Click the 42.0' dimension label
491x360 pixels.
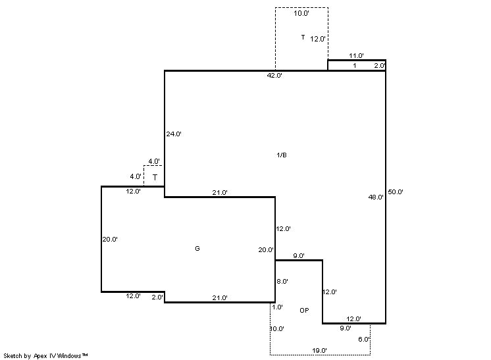pos(274,76)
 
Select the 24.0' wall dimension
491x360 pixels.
pos(174,134)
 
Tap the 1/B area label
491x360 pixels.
pos(282,155)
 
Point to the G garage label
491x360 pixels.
pos(197,249)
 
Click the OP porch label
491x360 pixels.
pos(304,310)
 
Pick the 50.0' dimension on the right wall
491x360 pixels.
pos(396,192)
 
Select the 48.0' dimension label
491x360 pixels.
pos(376,197)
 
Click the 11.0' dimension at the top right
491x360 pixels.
pos(356,56)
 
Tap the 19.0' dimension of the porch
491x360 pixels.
pos(319,351)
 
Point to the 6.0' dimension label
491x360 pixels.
pos(364,340)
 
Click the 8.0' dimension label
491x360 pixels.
pos(282,282)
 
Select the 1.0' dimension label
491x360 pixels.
pos(277,307)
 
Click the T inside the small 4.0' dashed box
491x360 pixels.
pos(155,178)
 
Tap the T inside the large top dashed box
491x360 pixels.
pos(303,38)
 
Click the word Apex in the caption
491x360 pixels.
pos(40,356)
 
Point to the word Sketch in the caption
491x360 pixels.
pos(13,356)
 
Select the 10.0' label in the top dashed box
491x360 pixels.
pos(301,13)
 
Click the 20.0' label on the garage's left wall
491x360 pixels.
pos(110,239)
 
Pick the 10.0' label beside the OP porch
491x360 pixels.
pos(277,328)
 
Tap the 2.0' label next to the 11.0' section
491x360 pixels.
pos(380,66)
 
